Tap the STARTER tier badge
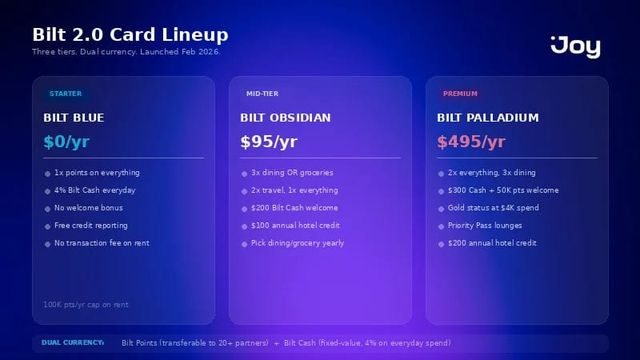(x=65, y=94)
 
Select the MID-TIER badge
(x=262, y=94)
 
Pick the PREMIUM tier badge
(x=460, y=94)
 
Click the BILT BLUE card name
(x=74, y=118)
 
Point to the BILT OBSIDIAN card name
(x=285, y=118)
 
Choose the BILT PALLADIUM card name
(x=488, y=118)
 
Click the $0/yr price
(x=66, y=142)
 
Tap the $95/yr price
(x=269, y=142)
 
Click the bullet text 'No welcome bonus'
(x=88, y=208)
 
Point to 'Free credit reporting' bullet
(x=91, y=226)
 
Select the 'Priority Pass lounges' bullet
(x=484, y=226)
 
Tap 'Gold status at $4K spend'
(x=493, y=208)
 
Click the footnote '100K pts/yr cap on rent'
(x=86, y=305)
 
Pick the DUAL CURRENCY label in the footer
(x=72, y=343)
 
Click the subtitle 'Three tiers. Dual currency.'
(x=126, y=52)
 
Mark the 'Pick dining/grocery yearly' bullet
(x=297, y=243)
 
